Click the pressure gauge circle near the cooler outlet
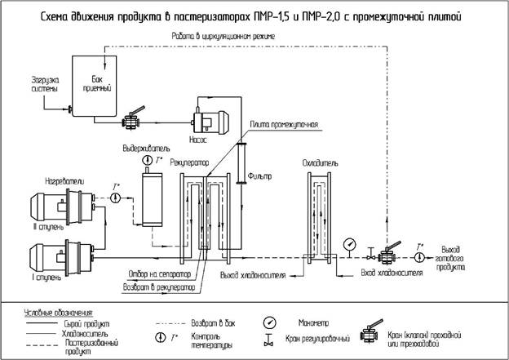(349, 242)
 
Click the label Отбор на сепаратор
(159, 273)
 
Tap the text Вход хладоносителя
(392, 272)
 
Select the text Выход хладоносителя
(253, 275)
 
